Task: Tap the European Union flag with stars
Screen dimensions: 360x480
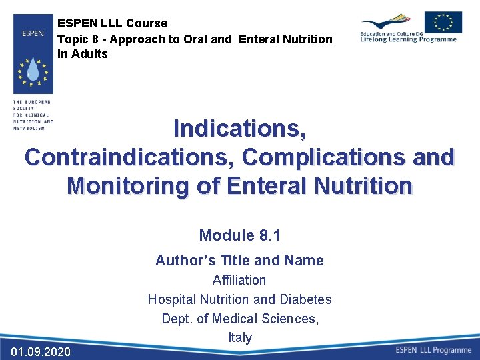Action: (443, 22)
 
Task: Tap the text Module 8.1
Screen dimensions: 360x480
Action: (239, 235)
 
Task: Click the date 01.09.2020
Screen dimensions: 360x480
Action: (41, 351)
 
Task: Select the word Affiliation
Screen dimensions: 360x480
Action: (239, 280)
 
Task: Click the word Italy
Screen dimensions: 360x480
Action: (240, 337)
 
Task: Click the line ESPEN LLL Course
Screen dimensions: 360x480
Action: (113, 24)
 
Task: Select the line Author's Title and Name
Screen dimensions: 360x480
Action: (239, 261)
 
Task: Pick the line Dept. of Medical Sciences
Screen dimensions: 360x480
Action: (240, 319)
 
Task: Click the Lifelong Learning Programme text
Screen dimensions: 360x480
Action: (408, 39)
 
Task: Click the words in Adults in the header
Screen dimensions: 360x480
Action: (83, 54)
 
